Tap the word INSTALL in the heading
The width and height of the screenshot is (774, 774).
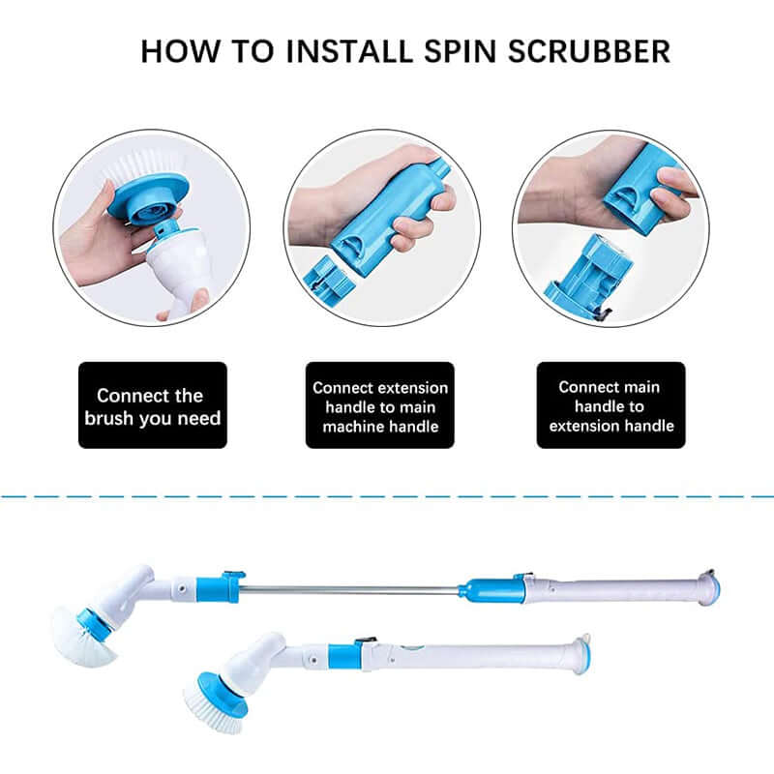pos(364,50)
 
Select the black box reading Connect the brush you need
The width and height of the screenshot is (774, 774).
pos(152,405)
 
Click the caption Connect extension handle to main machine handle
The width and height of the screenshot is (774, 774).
pos(380,406)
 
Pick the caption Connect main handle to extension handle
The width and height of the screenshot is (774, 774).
pos(610,405)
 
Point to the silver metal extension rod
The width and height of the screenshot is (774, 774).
pos(348,589)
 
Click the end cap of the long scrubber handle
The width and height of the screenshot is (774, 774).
pos(708,587)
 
